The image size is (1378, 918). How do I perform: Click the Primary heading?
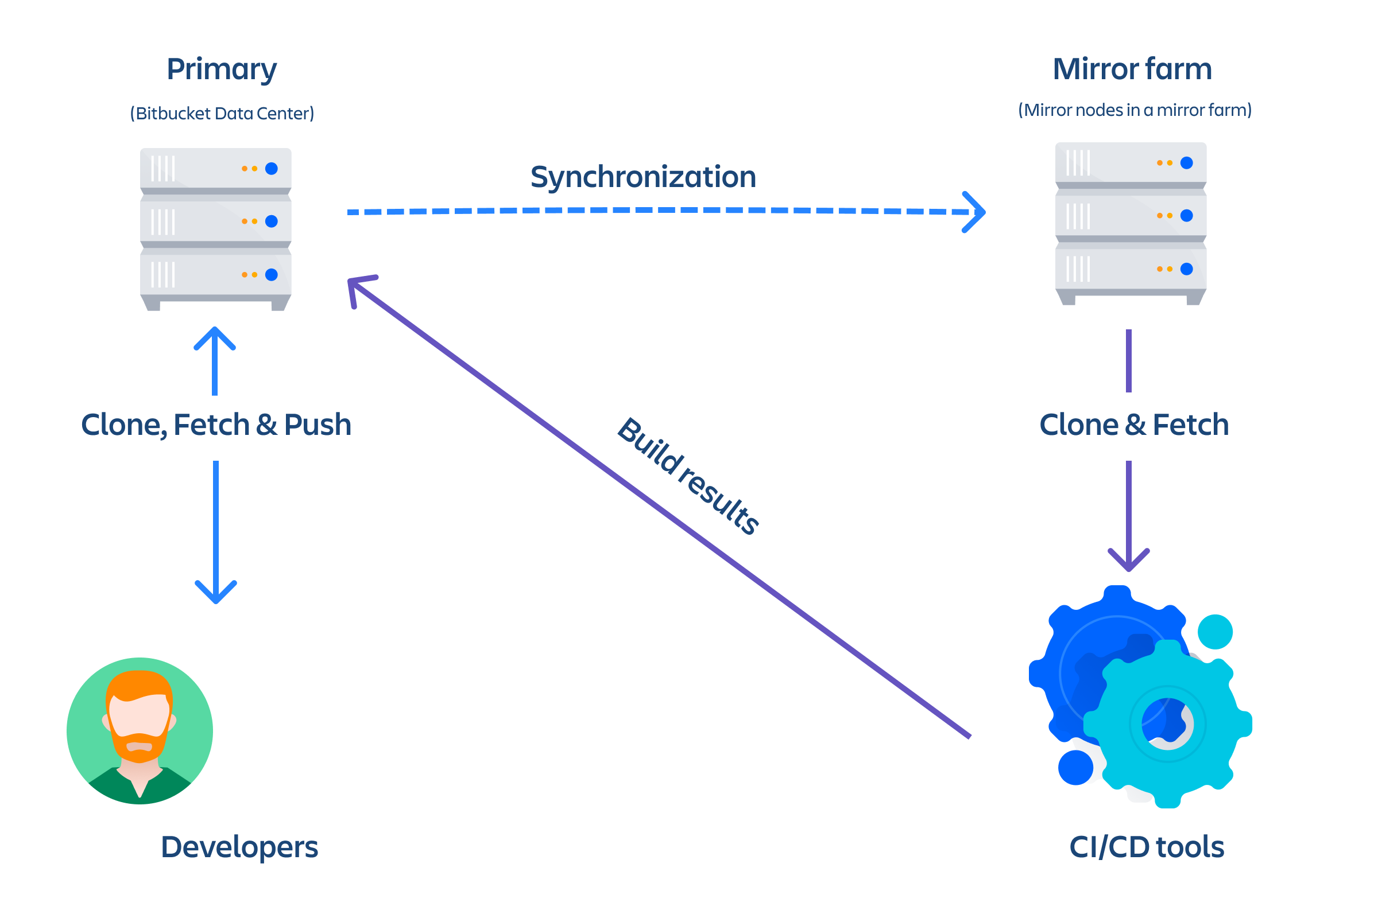(222, 69)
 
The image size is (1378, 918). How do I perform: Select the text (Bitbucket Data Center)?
(222, 113)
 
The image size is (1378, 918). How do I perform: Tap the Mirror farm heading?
(1132, 69)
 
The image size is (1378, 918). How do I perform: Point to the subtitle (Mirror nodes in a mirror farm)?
(1135, 110)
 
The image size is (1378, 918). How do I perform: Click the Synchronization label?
(642, 177)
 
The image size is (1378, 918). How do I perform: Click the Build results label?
(689, 476)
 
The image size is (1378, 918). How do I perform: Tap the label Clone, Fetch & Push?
(216, 425)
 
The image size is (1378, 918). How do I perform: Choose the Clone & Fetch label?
(1133, 425)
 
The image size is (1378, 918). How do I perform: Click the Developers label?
(239, 847)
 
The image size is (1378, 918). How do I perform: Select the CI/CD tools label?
(1147, 847)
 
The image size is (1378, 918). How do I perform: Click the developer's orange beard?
(140, 748)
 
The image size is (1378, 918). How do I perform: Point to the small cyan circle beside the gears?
(1214, 632)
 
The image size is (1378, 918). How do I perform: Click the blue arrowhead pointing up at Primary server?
(215, 338)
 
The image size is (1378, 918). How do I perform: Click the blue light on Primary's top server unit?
(271, 169)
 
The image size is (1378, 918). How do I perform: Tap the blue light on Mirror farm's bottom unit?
(1186, 269)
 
